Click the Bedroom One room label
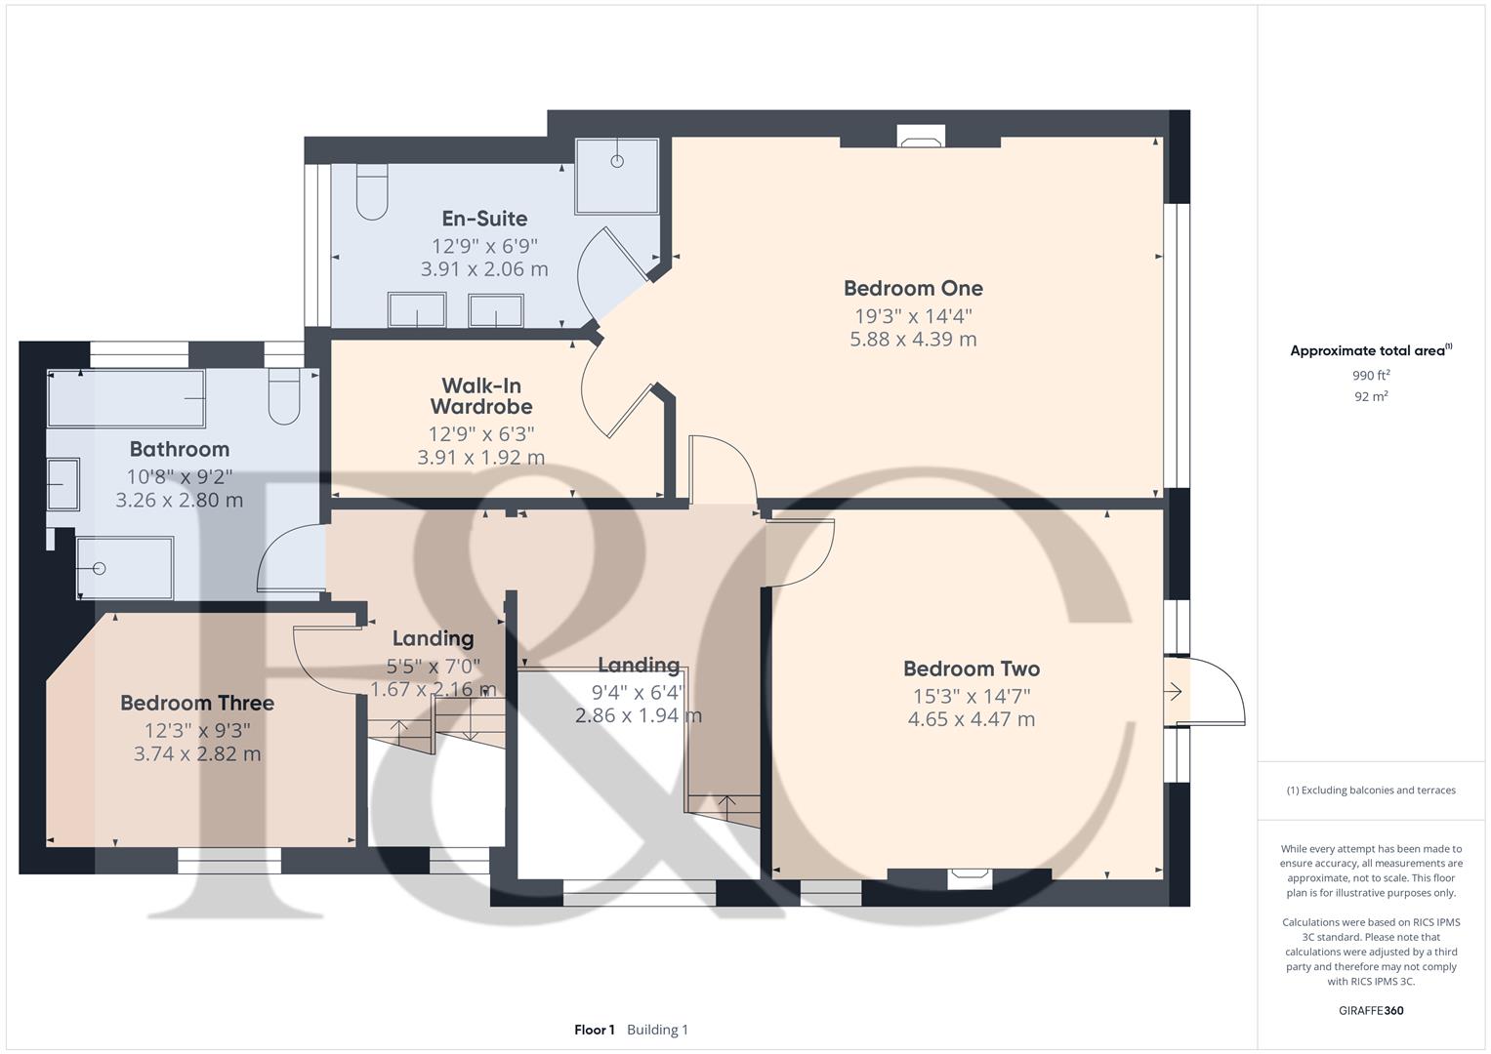click(x=913, y=288)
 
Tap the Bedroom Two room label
click(x=972, y=669)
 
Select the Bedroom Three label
click(x=197, y=704)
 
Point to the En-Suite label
click(x=484, y=219)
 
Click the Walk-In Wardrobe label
click(x=481, y=396)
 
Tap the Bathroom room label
click(x=180, y=449)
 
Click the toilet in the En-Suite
click(x=372, y=191)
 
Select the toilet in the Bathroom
click(x=284, y=396)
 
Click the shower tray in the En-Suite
click(x=617, y=177)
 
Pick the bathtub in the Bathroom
click(x=127, y=398)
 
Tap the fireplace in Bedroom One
click(x=921, y=137)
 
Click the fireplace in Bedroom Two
click(x=970, y=878)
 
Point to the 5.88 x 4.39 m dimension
click(x=913, y=340)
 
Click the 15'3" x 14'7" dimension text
click(x=972, y=697)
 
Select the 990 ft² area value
click(x=1371, y=376)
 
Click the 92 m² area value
click(x=1371, y=396)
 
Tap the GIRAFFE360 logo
click(x=1371, y=1011)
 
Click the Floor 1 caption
click(x=595, y=1030)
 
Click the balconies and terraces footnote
click(x=1371, y=790)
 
